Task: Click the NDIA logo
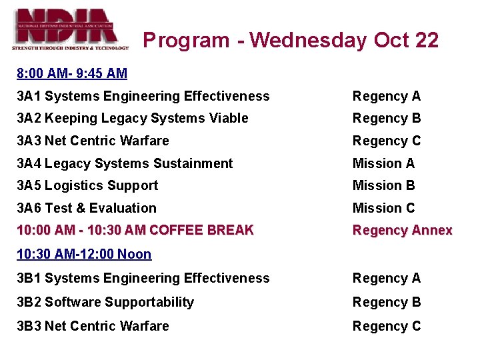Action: (x=71, y=29)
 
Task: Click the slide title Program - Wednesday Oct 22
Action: (x=291, y=40)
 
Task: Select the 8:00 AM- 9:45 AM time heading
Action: (x=72, y=73)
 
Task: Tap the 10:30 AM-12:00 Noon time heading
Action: (x=84, y=254)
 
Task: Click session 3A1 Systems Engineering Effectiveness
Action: (x=143, y=96)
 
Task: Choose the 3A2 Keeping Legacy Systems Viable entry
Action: (x=133, y=119)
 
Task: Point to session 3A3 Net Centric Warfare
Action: (x=93, y=141)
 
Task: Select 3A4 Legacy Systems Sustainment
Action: (x=125, y=163)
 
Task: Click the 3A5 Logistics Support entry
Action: (x=87, y=185)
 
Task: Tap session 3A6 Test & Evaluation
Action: (x=87, y=208)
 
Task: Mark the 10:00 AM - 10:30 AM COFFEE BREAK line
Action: (x=135, y=230)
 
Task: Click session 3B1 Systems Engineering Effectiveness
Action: (x=143, y=278)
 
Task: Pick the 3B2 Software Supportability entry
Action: (x=105, y=302)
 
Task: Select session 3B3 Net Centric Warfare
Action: (x=93, y=326)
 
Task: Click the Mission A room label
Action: (x=383, y=163)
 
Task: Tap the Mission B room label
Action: (x=383, y=185)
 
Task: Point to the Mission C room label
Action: (x=383, y=208)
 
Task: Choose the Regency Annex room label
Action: (x=402, y=230)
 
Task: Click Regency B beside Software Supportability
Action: (x=387, y=302)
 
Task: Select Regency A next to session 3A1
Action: (x=387, y=96)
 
